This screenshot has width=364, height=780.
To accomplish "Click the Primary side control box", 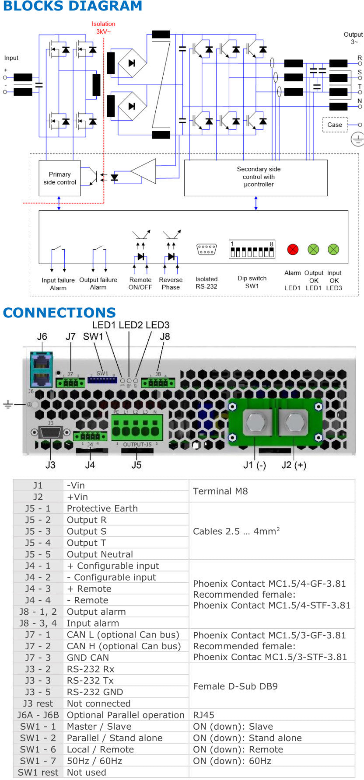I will (59, 178).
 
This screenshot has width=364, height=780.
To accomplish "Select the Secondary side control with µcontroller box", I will (256, 178).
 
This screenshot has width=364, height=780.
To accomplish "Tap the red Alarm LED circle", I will (292, 249).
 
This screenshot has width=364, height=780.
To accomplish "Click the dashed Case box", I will (335, 125).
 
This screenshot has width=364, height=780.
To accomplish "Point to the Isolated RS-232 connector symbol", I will (206, 250).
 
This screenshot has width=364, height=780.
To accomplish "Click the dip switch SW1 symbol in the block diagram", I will (252, 250).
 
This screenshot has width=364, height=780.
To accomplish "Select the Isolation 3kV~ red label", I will (103, 28).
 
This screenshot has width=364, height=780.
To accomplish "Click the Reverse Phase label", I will (171, 283).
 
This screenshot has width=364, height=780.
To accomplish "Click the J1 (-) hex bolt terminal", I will (255, 422).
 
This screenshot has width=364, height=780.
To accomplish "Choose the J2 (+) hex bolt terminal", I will (293, 422).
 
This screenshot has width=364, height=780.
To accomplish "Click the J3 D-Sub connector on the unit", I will (50, 432).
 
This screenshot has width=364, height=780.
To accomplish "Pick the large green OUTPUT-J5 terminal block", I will (137, 428).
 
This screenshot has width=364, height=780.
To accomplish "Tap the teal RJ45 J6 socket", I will (42, 369).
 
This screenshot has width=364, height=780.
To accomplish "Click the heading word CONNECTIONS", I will (59, 313).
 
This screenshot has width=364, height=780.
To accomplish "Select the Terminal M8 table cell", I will (220, 491).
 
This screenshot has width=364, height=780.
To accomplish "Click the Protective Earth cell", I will (102, 508).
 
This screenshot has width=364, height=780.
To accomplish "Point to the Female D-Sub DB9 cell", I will (235, 686).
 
